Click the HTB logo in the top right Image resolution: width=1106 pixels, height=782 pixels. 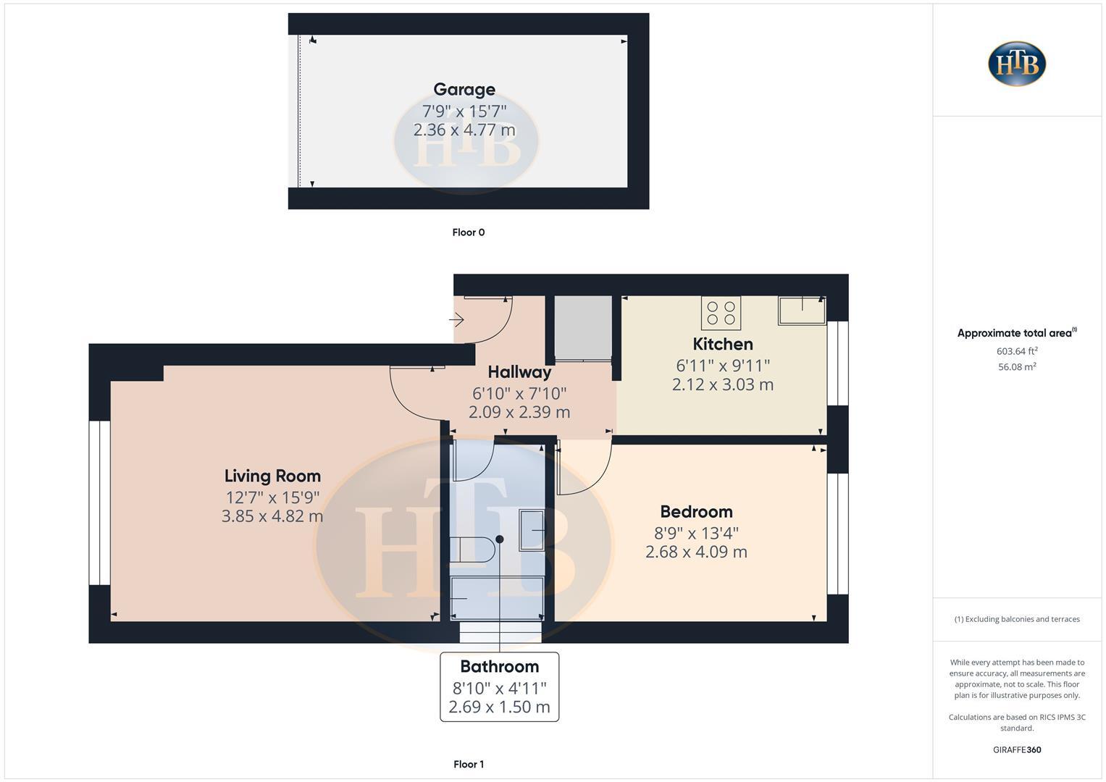coord(1017,64)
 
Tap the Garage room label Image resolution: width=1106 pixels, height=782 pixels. coord(464,89)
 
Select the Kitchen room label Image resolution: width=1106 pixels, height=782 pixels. coord(723,344)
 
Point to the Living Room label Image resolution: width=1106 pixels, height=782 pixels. coord(272,476)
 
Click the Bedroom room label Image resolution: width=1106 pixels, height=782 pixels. coord(696,511)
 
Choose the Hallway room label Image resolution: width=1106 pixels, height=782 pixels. coord(519,372)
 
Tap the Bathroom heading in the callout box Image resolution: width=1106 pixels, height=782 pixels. coord(500,666)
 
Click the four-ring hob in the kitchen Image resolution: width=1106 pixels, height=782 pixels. coord(721,313)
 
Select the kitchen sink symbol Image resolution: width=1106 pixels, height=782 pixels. coord(802,310)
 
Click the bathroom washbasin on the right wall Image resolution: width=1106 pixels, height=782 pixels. coord(532,530)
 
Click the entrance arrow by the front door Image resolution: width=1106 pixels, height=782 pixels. coord(457,319)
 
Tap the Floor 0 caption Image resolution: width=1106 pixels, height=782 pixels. coord(469,232)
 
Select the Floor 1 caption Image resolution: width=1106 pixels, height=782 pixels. coord(469,764)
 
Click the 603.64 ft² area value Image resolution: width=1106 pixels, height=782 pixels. coord(1017,351)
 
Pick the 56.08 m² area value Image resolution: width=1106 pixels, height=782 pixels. coord(1017,367)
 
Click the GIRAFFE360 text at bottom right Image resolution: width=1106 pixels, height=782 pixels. coord(1017,749)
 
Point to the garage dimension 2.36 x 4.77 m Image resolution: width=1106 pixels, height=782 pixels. coord(464,130)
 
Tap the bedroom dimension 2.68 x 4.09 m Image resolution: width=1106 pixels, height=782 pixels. coord(696,552)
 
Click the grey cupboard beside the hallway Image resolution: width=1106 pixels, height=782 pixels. coord(583,327)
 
